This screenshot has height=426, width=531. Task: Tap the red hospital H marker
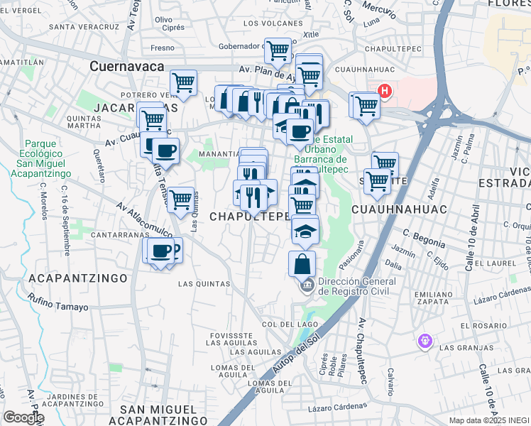[385, 91]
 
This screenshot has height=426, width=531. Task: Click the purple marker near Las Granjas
[425, 341]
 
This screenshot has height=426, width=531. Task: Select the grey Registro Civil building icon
[307, 286]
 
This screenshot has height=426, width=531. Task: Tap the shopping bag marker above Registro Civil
[302, 263]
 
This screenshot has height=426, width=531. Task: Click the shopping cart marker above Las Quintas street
[181, 199]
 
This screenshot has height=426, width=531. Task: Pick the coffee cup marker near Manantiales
[165, 151]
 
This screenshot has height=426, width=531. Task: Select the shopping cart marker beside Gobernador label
[278, 50]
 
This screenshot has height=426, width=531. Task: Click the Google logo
[23, 417]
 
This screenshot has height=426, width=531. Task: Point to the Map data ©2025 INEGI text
[488, 420]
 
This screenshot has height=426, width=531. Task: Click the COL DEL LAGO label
[288, 324]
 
